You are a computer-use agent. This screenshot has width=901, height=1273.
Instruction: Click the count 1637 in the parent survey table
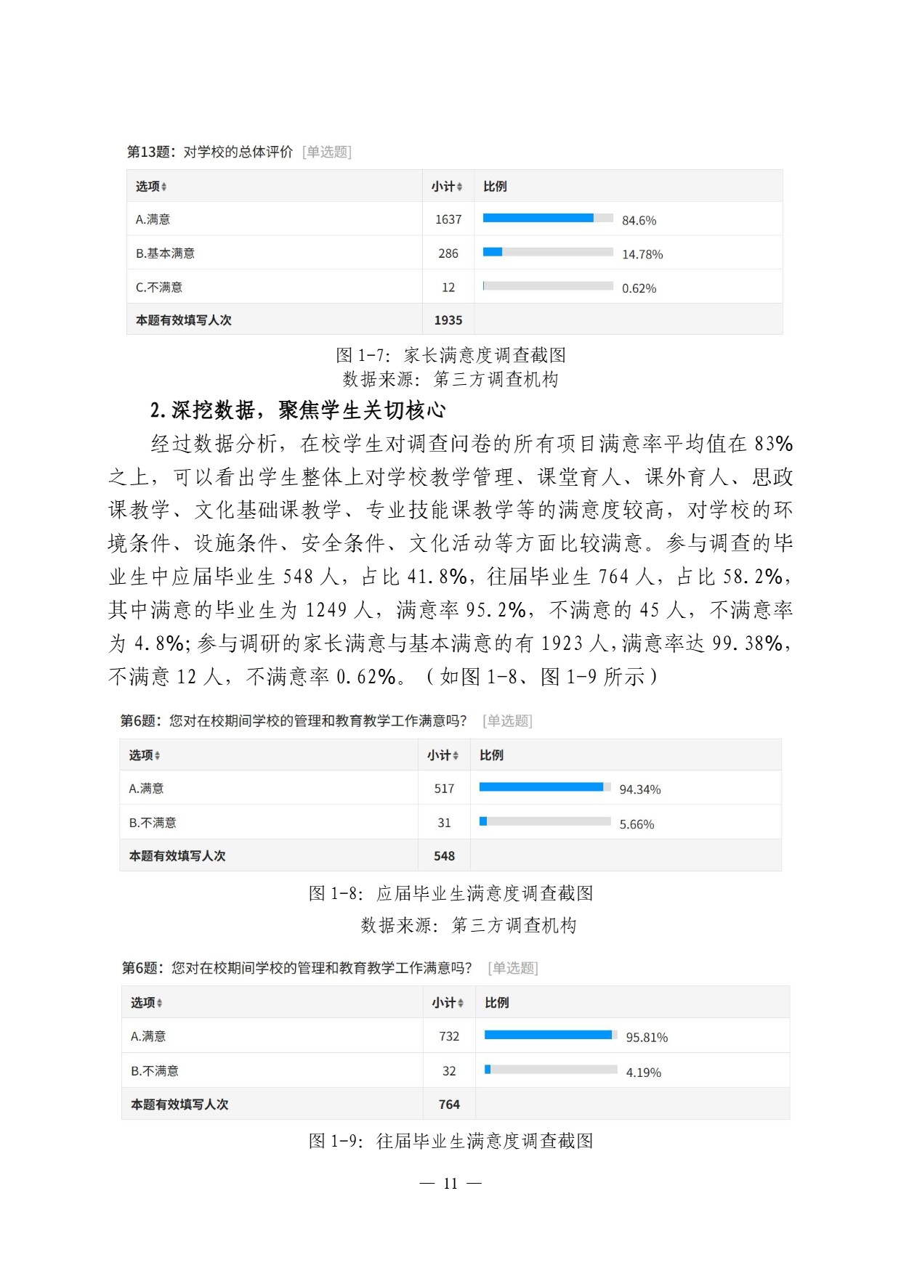coord(448,219)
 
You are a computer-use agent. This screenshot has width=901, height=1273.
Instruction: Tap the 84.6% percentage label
coord(639,220)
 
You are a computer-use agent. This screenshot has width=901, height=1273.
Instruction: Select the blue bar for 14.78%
coord(493,252)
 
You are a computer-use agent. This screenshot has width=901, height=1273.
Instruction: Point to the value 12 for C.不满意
coord(448,288)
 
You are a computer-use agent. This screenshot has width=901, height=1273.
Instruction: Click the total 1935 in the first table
coord(448,320)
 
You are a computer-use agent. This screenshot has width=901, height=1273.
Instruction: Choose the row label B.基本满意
coord(165,253)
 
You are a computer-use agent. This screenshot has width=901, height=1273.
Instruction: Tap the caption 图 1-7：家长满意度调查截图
coord(450,355)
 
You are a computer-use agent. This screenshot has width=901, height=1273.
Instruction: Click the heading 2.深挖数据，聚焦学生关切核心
coord(298,410)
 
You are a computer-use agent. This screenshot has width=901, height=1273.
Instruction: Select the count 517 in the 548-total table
coord(444,789)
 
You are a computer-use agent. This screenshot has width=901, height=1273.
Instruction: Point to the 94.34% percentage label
coord(639,789)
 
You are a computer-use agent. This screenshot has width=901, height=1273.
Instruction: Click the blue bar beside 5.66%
coord(483,821)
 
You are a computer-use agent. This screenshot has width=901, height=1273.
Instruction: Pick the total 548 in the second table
coord(444,856)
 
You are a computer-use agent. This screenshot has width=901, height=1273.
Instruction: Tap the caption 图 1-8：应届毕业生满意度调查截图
coord(450,893)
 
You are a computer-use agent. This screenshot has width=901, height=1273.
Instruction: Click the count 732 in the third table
coord(449,1036)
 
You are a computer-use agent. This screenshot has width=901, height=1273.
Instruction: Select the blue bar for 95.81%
coord(548,1035)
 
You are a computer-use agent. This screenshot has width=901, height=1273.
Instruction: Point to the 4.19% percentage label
coord(643,1073)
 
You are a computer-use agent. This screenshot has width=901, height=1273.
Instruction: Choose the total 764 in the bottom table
coord(449,1105)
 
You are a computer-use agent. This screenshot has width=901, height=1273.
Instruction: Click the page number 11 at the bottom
coord(450,1184)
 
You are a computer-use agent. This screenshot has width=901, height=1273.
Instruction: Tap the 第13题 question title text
coord(210,152)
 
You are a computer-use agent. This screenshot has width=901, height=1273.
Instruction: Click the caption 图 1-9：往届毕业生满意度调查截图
coord(450,1141)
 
